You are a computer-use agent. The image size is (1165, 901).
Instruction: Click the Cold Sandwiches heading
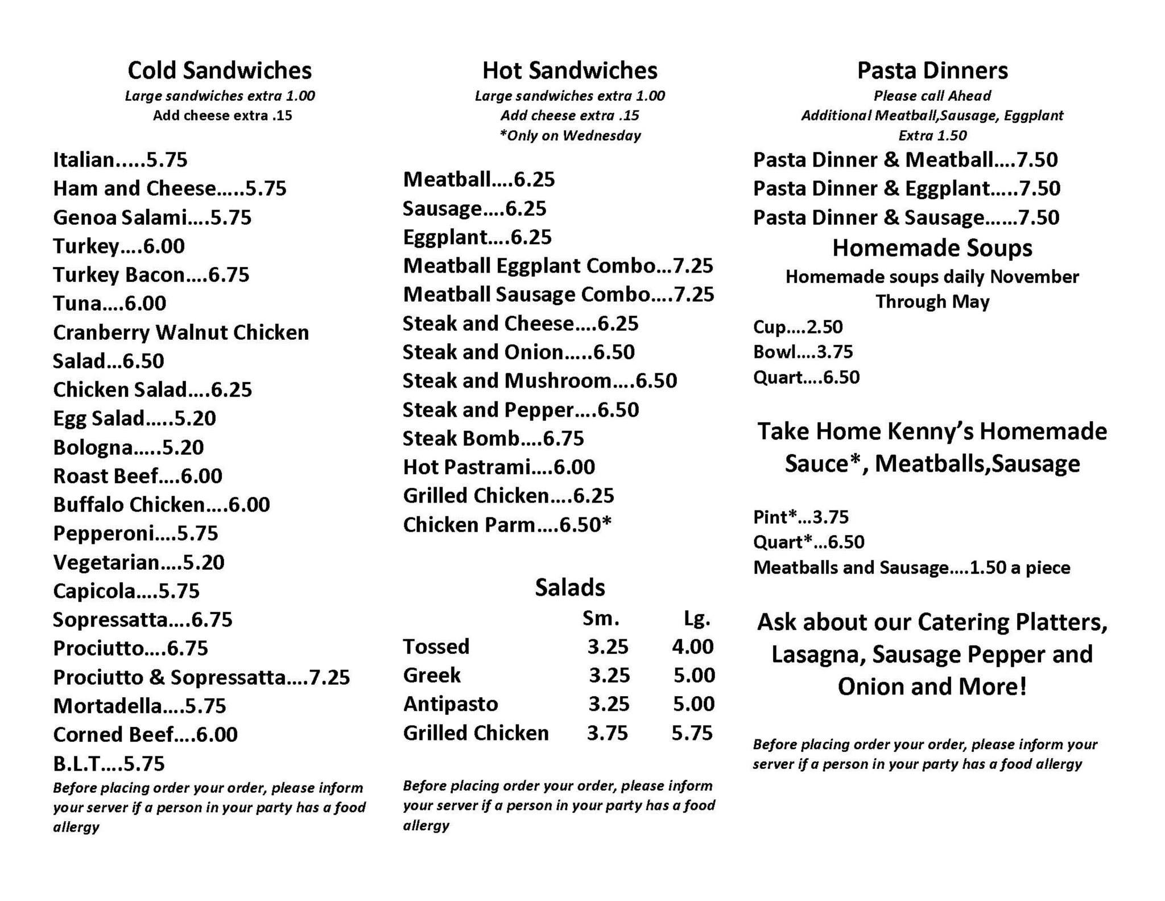point(220,71)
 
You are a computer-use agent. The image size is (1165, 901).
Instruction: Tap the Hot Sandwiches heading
point(569,71)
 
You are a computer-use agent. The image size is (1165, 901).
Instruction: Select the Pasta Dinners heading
point(932,71)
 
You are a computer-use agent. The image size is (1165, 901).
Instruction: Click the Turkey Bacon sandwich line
point(151,275)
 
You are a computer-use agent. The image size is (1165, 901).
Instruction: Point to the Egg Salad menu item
point(134,418)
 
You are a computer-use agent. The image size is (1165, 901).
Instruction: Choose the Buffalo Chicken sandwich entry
point(161,505)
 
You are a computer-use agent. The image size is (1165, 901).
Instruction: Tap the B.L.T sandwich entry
point(109,763)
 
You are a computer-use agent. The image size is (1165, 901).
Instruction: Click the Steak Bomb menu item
point(493,438)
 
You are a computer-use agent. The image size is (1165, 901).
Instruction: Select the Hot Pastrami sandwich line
point(499,467)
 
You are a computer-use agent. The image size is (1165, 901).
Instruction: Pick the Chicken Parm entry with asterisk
point(507,525)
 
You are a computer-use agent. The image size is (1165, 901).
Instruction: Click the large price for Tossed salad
point(692,647)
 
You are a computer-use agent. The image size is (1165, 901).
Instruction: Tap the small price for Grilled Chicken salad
point(608,733)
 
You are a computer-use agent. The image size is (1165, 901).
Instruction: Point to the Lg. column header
point(696,618)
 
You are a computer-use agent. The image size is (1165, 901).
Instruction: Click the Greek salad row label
point(432,676)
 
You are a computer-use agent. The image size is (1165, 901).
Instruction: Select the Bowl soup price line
point(803,352)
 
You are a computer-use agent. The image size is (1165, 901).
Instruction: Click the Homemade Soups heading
point(932,248)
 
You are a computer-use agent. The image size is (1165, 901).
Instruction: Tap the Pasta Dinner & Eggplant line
point(906,188)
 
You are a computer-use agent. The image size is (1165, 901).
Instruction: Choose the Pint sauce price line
point(800,517)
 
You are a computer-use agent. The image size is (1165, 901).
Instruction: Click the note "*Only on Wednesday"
point(569,135)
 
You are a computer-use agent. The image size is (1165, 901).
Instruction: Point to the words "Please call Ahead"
point(932,96)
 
